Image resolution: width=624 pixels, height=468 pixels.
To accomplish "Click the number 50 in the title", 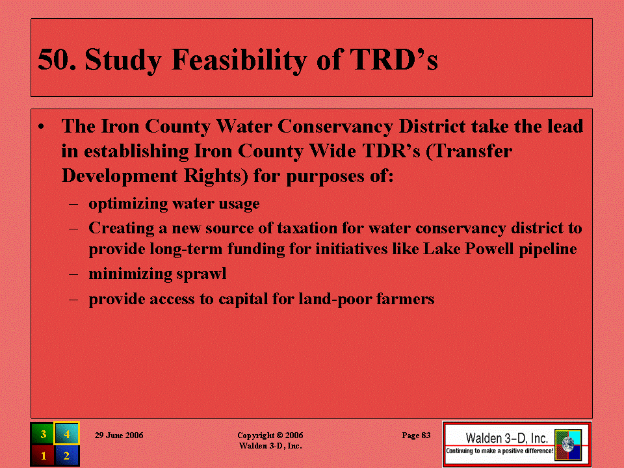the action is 57,60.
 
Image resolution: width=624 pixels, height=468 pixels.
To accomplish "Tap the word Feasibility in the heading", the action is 239,60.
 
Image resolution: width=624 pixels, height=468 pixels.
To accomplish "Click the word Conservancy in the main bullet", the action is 335,127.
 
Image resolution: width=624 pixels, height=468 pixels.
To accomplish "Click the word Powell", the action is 488,249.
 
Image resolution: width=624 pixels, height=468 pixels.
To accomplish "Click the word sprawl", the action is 201,274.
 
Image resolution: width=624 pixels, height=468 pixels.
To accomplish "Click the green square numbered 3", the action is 43,434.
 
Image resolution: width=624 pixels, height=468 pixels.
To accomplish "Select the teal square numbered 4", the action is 67,434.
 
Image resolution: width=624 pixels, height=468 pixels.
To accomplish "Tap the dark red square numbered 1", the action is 43,455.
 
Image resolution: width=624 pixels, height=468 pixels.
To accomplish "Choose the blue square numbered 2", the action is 67,455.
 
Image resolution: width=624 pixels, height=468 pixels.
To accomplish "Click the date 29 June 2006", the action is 119,435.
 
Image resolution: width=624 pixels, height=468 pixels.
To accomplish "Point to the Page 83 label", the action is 416,435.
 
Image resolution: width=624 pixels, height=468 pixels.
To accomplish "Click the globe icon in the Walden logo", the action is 568,445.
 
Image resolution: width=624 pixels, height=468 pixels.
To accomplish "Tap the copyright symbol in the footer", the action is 280,435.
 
